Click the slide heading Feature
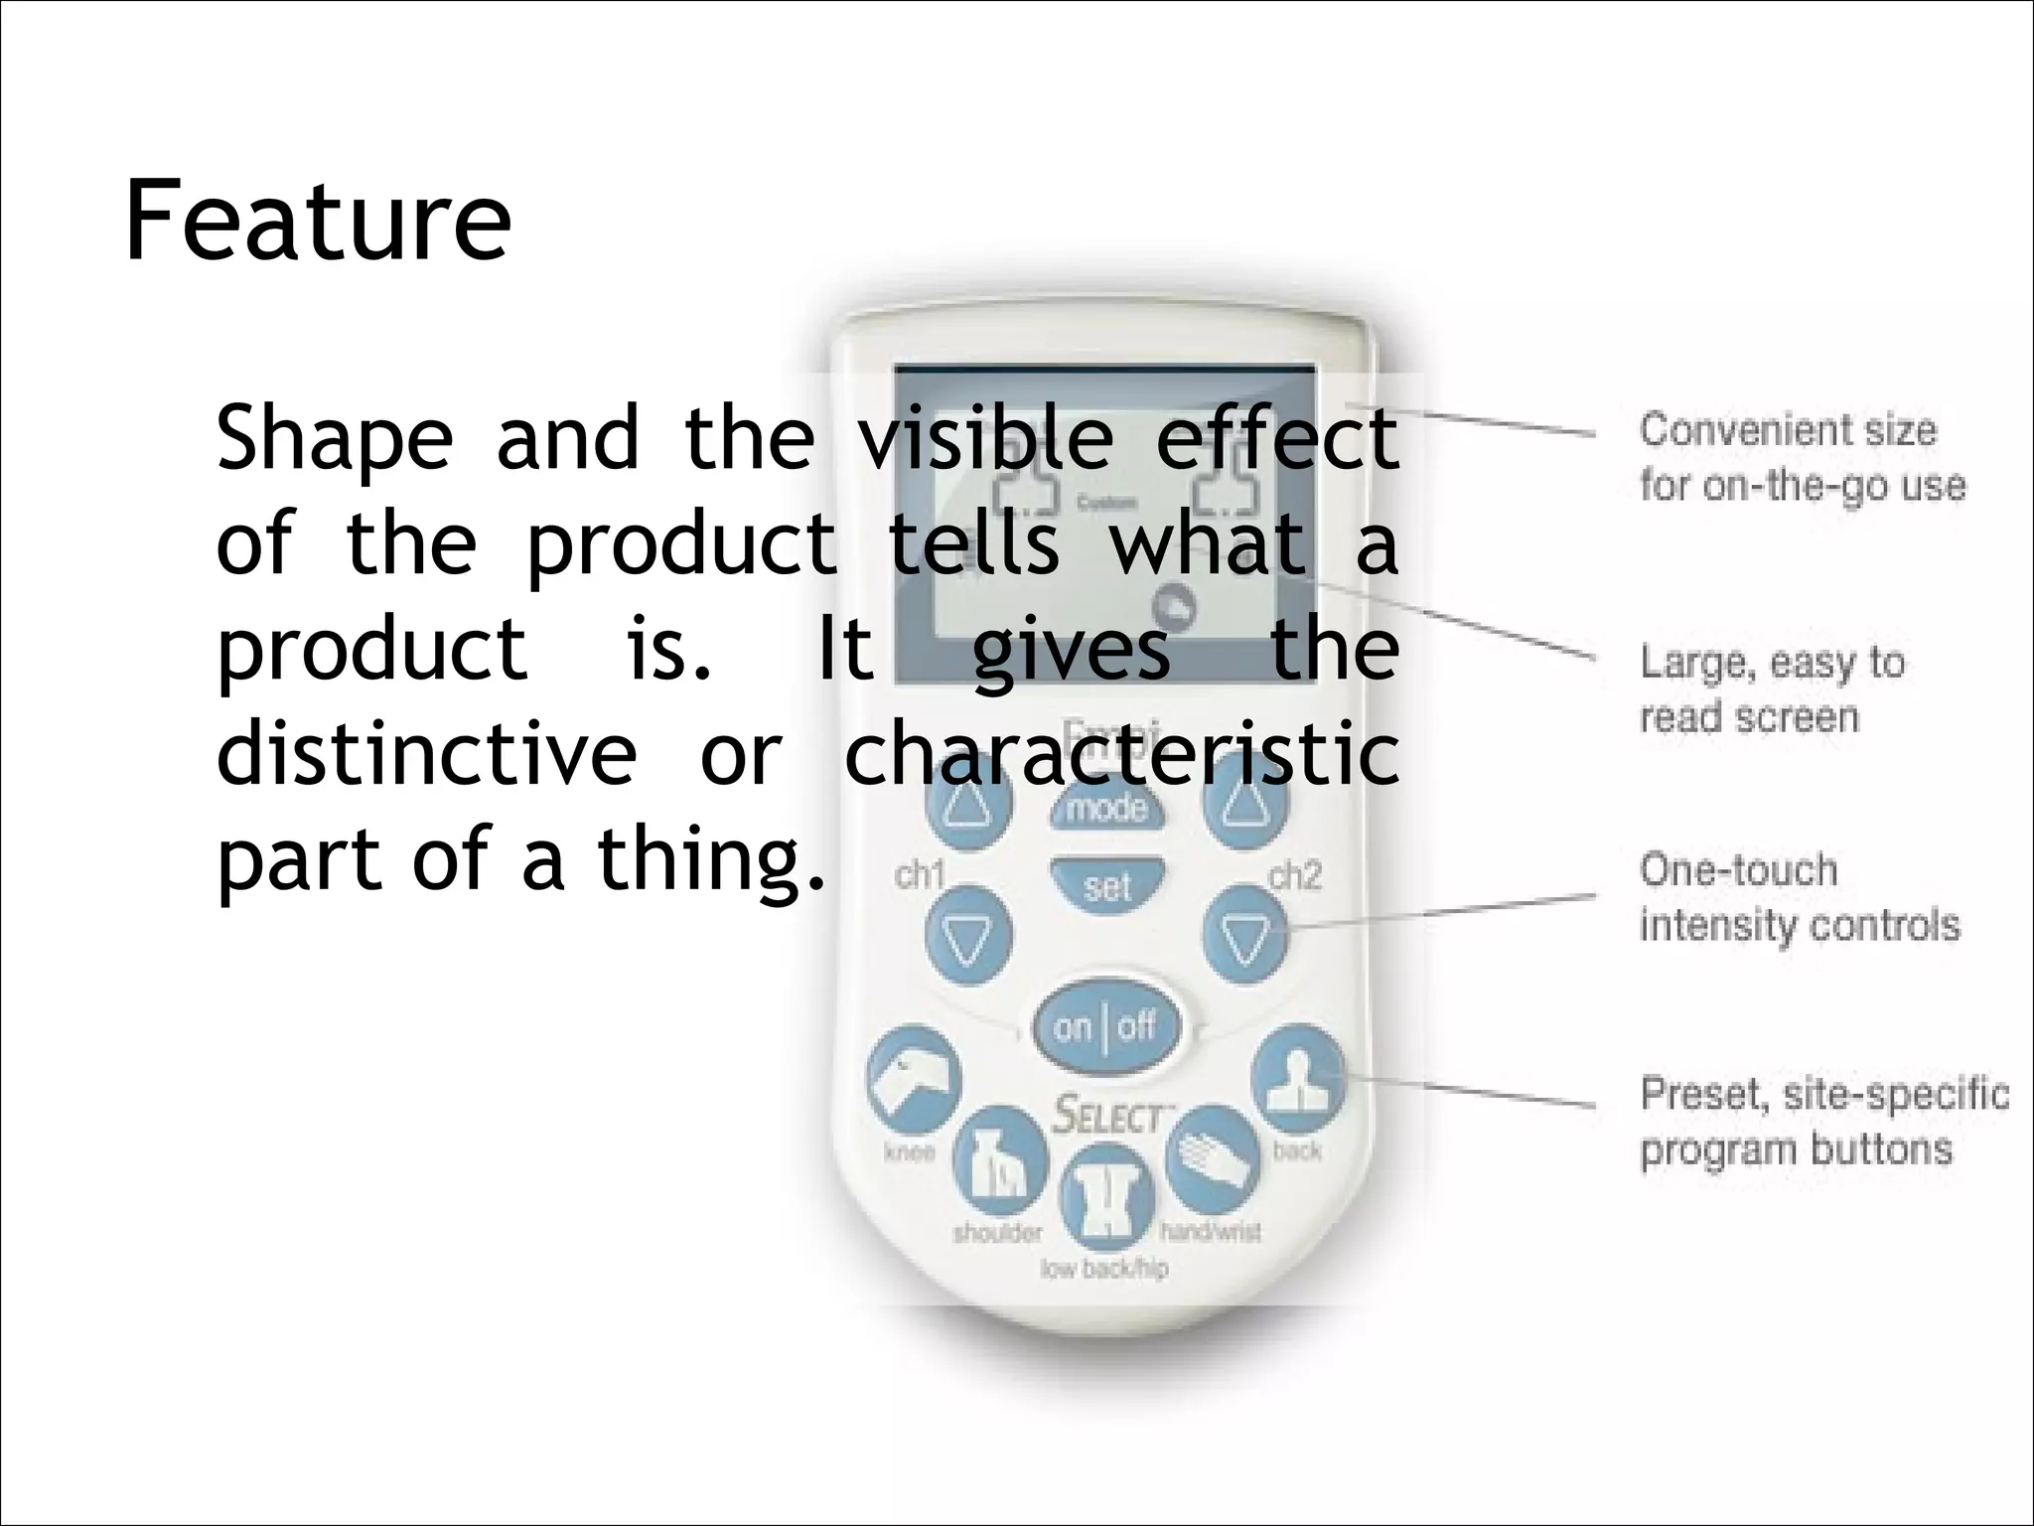click(x=318, y=221)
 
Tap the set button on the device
click(x=1107, y=884)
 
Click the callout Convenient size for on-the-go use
click(x=1801, y=458)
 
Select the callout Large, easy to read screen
click(x=1771, y=689)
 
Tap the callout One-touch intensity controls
click(x=1799, y=897)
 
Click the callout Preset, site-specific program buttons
click(x=1823, y=1122)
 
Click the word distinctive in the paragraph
click(x=427, y=755)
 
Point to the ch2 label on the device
click(x=1295, y=875)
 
